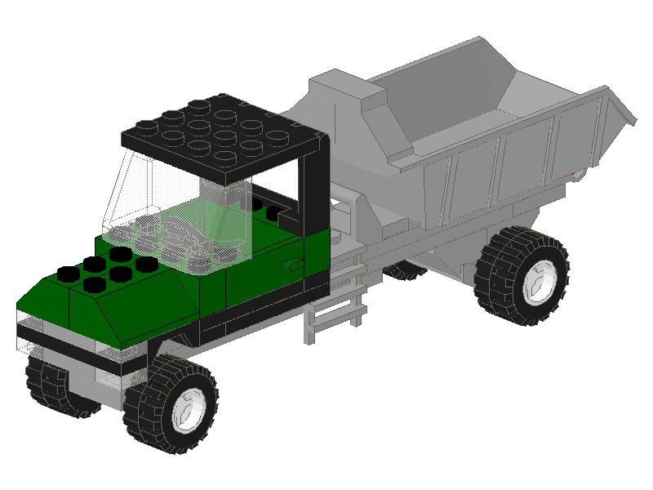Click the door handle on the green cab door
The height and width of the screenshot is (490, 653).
pos(292,265)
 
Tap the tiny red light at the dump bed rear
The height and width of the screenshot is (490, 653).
pos(579,174)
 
